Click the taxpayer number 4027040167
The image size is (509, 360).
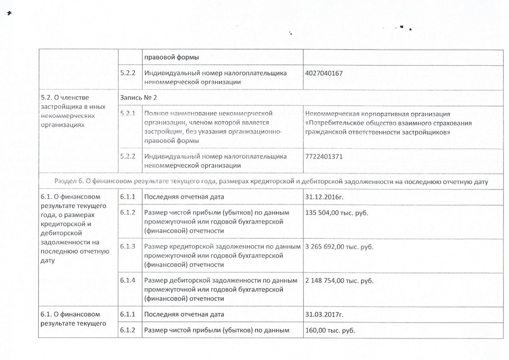coord(324,73)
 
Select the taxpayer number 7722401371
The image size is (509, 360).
coord(324,156)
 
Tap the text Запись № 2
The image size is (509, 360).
coord(138,98)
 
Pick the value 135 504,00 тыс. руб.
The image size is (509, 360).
coord(336,213)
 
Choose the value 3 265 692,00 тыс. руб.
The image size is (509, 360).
coord(339,247)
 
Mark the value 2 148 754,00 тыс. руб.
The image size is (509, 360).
coord(339,281)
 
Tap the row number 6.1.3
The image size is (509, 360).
coord(127,247)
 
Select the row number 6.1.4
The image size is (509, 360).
coord(127,281)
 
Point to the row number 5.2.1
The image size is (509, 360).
coord(127,114)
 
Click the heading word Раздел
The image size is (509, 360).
coord(66,182)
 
